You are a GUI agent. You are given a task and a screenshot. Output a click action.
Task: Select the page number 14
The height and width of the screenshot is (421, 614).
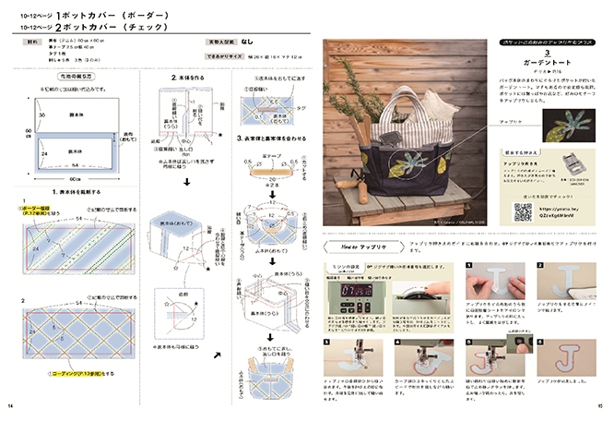(x=10, y=405)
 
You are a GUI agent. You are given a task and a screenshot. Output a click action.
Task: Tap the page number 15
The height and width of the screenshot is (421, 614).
(x=600, y=405)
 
